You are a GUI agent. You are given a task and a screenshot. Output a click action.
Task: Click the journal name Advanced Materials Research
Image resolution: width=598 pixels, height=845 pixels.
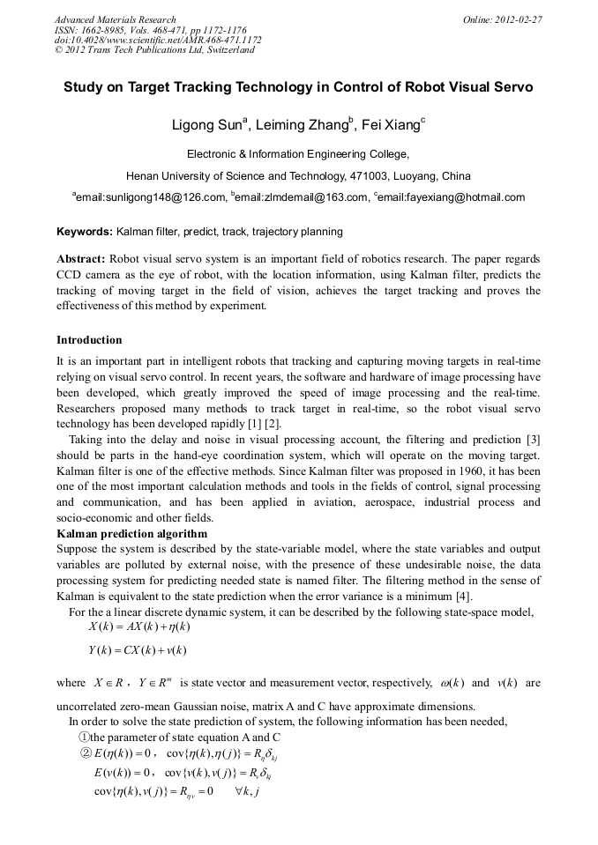point(116,19)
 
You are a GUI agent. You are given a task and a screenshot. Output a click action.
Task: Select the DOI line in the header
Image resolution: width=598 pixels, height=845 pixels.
point(158,40)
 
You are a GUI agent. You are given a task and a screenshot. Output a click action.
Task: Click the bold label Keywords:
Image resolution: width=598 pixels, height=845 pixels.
point(85,232)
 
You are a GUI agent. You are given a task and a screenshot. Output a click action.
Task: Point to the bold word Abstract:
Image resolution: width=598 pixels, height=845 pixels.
point(81,259)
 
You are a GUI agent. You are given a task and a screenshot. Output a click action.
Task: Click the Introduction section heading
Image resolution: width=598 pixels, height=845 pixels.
point(89,340)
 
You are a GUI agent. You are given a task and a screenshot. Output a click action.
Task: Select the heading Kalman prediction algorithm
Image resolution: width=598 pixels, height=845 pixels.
point(132,534)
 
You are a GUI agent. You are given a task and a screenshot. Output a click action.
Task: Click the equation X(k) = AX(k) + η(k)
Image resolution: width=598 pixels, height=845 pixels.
point(139,626)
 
